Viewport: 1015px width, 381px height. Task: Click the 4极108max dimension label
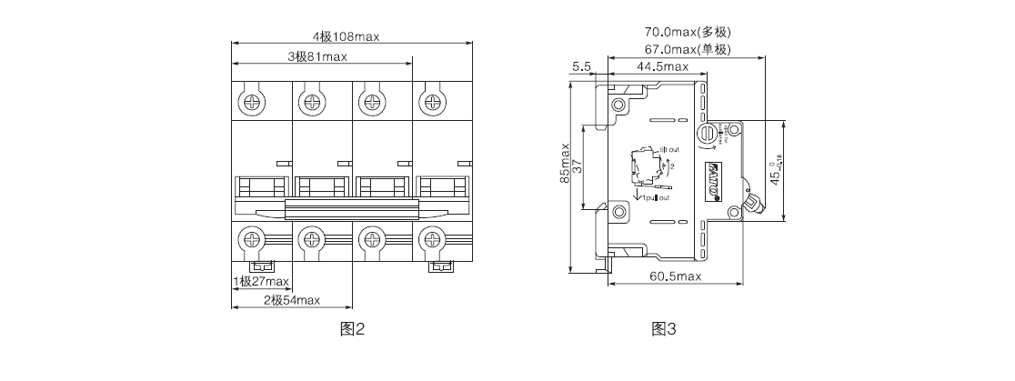point(346,36)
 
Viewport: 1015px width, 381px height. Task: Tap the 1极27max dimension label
point(261,281)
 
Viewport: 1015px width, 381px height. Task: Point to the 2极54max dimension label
point(292,300)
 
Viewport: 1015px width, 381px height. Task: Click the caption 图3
point(664,329)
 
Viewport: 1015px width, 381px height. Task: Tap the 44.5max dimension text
point(662,66)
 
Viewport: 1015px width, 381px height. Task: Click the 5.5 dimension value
point(582,66)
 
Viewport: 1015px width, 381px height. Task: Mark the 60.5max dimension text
point(675,276)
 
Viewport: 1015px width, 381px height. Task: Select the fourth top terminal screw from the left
point(428,99)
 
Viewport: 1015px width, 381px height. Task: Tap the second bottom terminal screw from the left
point(310,241)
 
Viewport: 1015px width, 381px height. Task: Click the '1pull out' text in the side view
point(656,197)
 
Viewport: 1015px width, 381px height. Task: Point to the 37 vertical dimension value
point(578,165)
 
